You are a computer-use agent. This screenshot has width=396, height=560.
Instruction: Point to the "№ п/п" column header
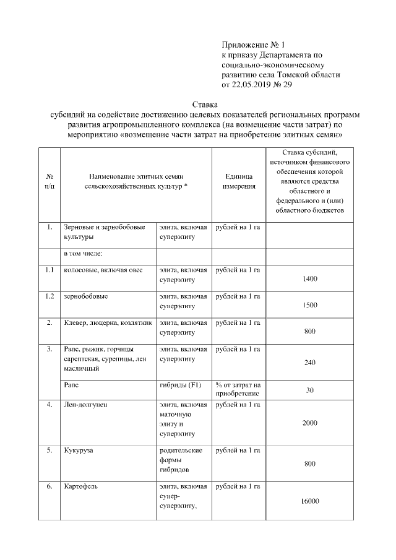pyautogui.click(x=49, y=181)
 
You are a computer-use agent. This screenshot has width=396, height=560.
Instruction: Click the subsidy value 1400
pyautogui.click(x=310, y=279)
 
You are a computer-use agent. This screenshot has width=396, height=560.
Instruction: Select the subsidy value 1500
pyautogui.click(x=310, y=305)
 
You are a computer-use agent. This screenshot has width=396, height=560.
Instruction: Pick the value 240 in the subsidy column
pyautogui.click(x=310, y=363)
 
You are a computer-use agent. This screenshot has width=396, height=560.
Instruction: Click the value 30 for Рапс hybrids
pyautogui.click(x=310, y=390)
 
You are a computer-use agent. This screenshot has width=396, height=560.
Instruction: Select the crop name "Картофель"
pyautogui.click(x=80, y=486)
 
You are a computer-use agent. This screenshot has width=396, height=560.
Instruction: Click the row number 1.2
pyautogui.click(x=49, y=296)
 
